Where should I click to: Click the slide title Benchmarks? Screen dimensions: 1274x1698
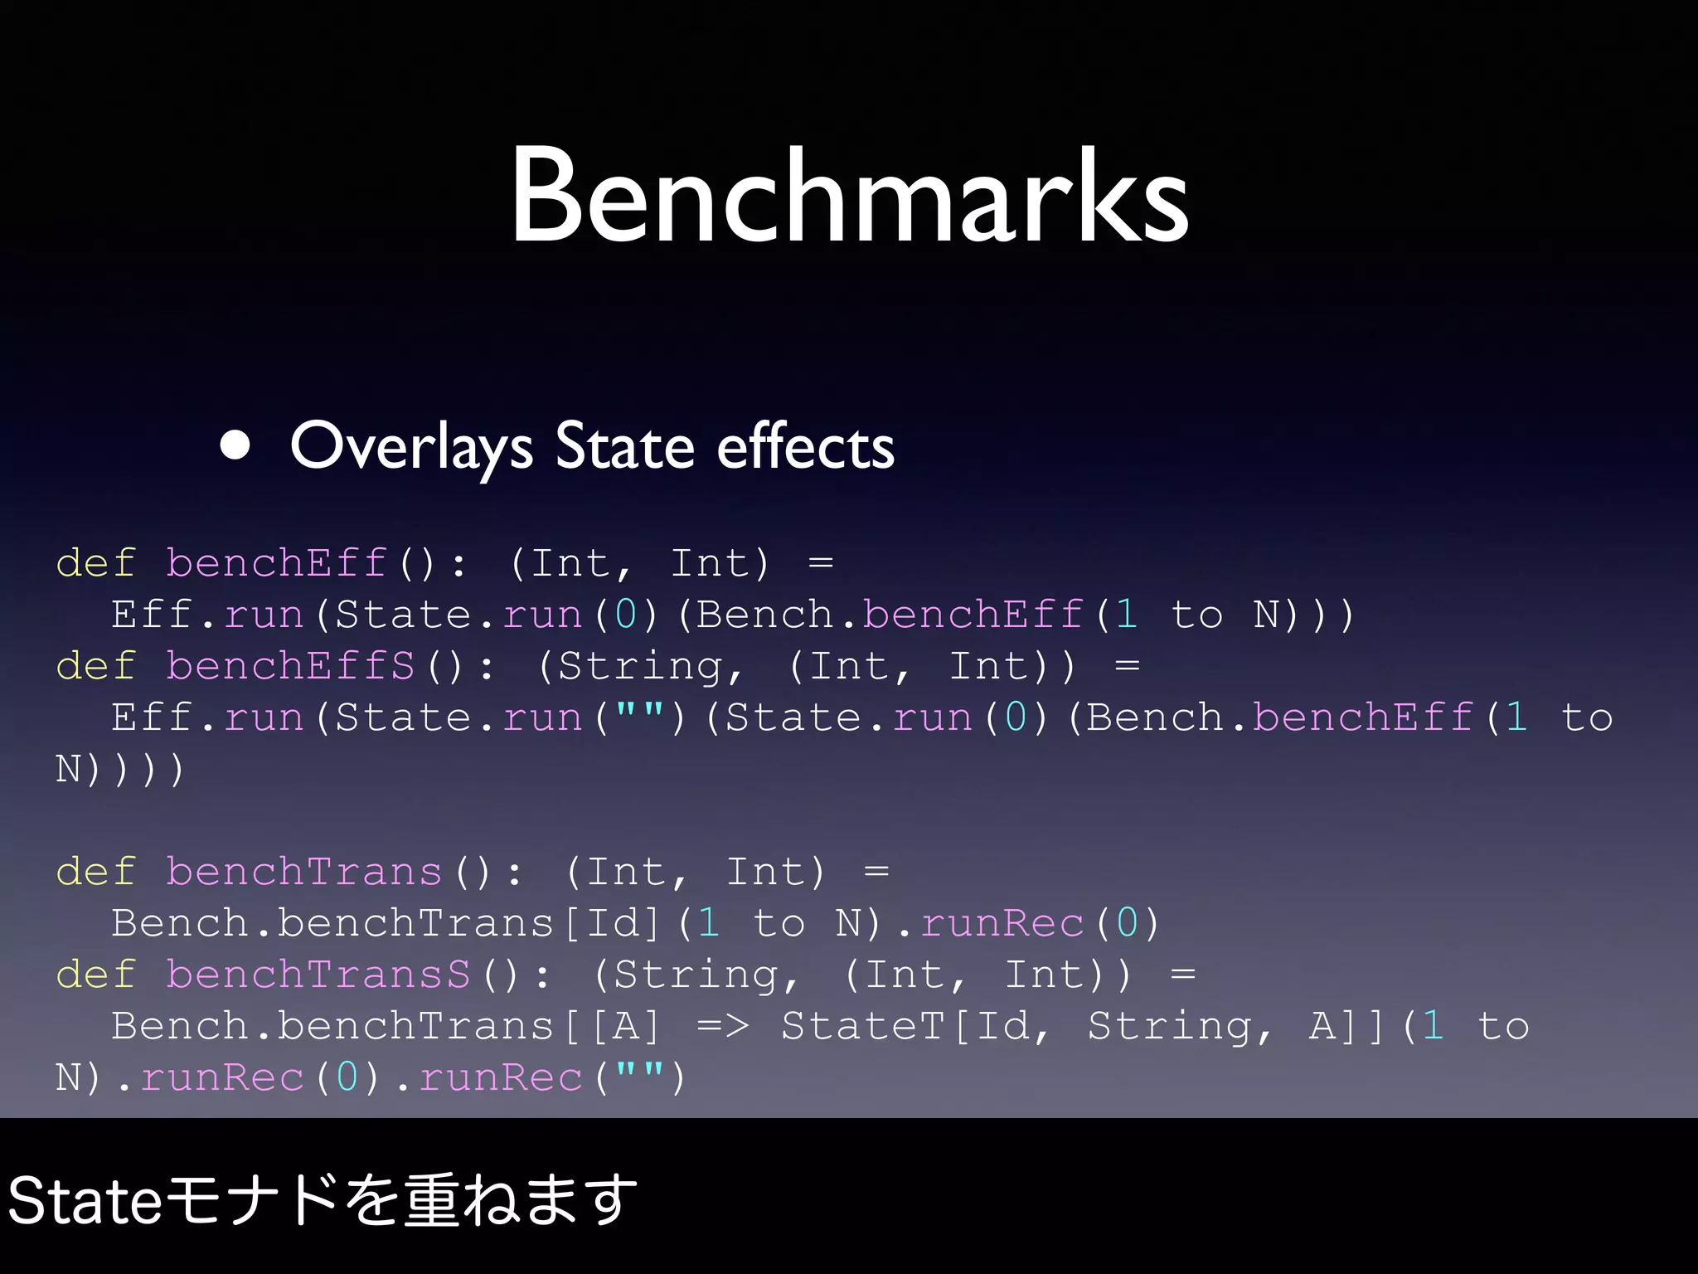pos(850,197)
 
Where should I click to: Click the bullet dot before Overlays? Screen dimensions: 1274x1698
pos(235,445)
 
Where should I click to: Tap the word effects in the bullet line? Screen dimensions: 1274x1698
pos(805,446)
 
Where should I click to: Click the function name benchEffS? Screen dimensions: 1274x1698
pos(290,666)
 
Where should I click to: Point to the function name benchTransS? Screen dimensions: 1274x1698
pos(318,975)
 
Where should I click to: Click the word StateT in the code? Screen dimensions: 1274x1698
pos(863,1026)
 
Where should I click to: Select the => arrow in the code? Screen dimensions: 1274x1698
pos(723,1026)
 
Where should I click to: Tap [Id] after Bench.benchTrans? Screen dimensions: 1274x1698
pos(612,923)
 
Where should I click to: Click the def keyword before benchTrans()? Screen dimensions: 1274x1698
pos(95,872)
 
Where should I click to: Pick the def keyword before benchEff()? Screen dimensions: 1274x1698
pos(95,563)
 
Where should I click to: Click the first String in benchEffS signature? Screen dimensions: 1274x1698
pos(640,666)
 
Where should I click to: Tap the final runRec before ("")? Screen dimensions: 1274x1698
pos(501,1077)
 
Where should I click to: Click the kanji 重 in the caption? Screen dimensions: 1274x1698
pos(431,1201)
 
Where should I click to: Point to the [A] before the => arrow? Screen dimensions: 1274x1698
pos(626,1026)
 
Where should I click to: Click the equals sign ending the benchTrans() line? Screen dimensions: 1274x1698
pos(876,872)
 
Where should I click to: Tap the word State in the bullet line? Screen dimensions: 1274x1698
pos(624,446)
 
